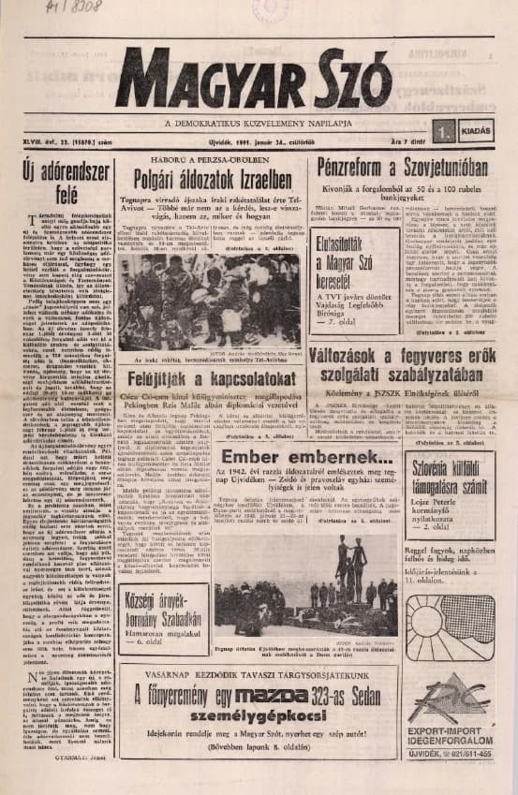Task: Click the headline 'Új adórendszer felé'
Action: click(x=61, y=184)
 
